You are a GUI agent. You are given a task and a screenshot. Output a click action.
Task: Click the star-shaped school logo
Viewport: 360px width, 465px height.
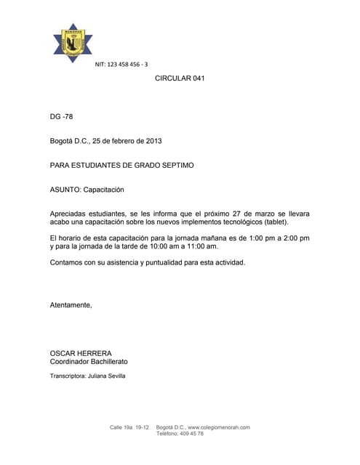73,44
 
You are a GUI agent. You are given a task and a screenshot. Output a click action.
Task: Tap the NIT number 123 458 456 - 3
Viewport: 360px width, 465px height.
121,65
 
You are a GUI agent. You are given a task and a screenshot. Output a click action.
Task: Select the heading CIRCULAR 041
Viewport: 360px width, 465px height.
180,78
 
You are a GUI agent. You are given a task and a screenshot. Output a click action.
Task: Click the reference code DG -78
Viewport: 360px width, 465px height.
61,116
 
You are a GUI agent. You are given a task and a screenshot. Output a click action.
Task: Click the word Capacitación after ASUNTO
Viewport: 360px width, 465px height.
104,190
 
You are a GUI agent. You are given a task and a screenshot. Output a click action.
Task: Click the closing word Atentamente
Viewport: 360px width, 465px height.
71,305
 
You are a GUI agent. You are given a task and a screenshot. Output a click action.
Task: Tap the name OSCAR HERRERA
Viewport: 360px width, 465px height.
81,353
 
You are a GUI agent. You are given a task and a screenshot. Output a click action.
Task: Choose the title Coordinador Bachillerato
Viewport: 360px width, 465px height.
89,362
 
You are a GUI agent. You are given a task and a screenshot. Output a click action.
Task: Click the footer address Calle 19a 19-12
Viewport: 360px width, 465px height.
129,427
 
